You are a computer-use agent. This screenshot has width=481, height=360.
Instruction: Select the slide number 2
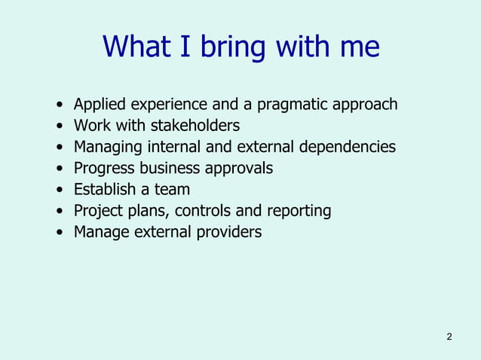point(449,336)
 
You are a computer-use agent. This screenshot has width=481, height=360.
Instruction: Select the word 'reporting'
point(299,211)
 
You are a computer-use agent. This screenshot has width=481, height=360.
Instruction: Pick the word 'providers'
point(228,232)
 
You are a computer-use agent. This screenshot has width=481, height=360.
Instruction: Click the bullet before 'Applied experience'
point(60,105)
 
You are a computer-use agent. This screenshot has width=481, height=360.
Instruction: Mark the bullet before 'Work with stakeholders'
point(60,126)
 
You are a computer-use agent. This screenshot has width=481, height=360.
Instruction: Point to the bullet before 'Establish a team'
point(60,190)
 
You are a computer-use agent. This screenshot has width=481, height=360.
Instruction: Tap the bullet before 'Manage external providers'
point(60,233)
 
